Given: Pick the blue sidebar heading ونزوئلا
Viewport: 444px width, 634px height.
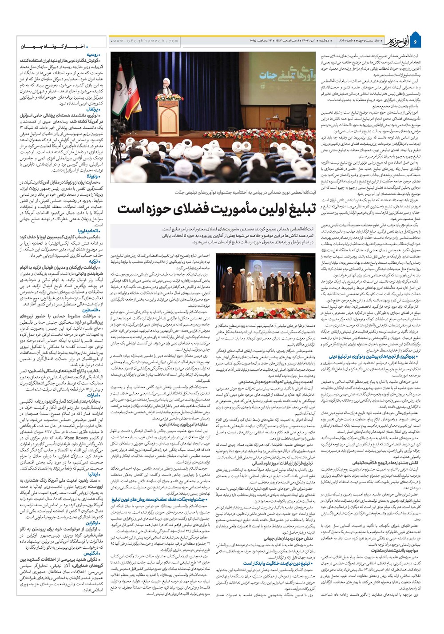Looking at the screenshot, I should [93, 176].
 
